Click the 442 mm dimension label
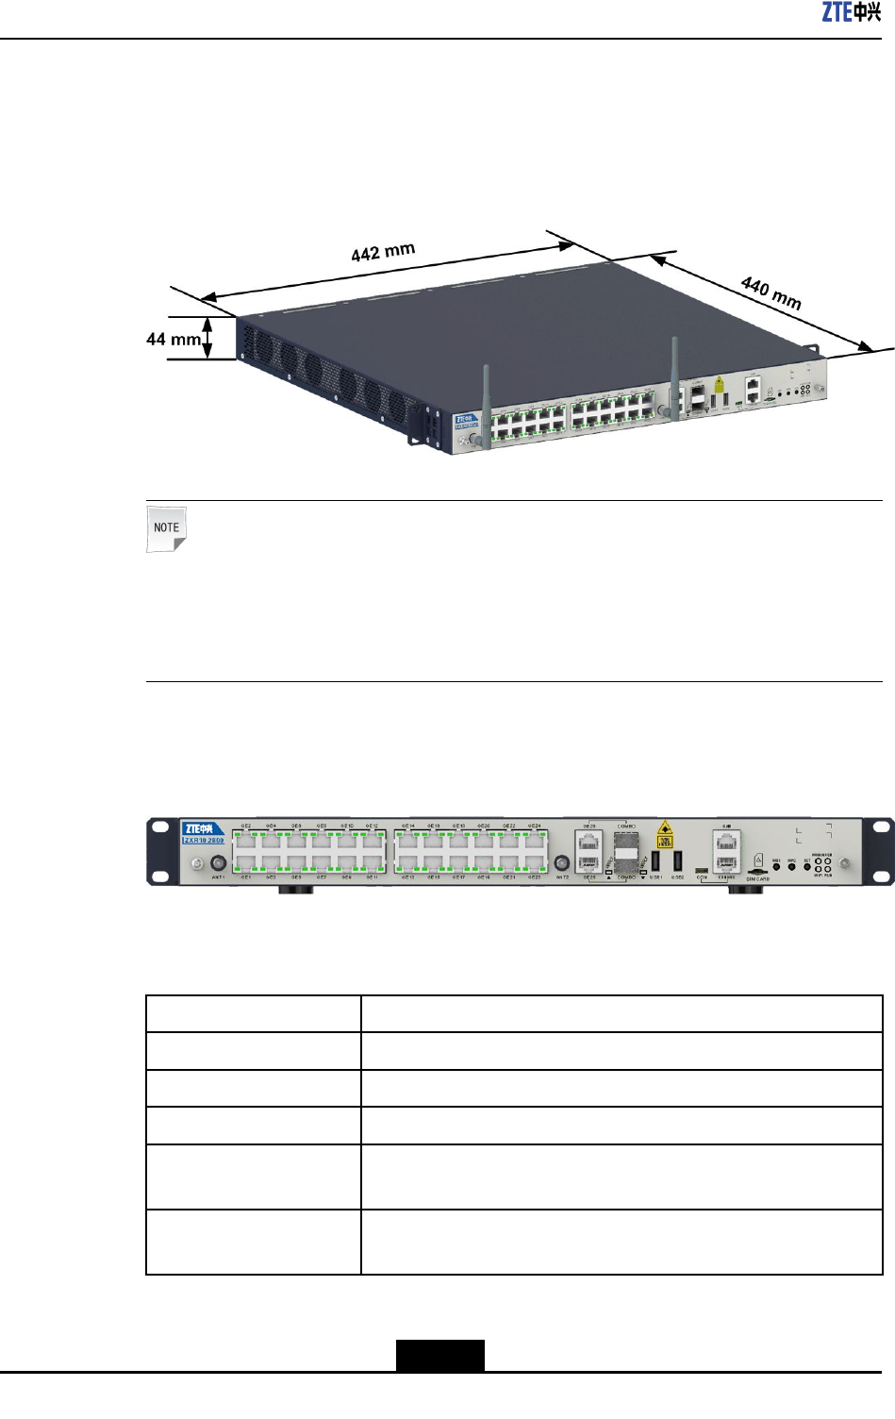[x=383, y=252]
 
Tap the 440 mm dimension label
[x=771, y=292]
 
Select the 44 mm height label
[x=174, y=339]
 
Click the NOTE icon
[x=167, y=528]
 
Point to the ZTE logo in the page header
[x=852, y=12]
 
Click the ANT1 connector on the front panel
[x=218, y=862]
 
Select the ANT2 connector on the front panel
[x=562, y=862]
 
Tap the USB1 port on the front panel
[x=655, y=860]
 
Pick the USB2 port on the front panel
[x=677, y=860]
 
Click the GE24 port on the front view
[x=534, y=839]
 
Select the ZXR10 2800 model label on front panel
[x=204, y=840]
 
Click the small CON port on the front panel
[x=702, y=870]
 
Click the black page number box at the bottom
[x=439, y=1355]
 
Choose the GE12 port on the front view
[x=373, y=839]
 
